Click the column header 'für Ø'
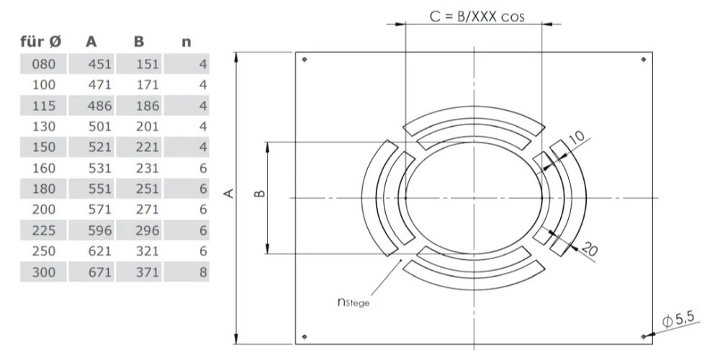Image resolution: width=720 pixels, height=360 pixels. click(45, 42)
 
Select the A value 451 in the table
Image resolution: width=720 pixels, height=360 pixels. click(99, 64)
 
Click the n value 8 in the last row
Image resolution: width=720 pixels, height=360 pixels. click(204, 273)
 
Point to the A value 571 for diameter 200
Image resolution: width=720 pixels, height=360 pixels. click(99, 210)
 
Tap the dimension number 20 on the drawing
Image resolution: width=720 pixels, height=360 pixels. click(589, 248)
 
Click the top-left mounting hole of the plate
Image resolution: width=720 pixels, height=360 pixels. click(305, 59)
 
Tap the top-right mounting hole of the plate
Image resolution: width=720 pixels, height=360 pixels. click(643, 59)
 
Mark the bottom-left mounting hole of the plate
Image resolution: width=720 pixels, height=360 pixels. click(305, 336)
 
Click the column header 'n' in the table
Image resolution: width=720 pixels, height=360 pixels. click(186, 42)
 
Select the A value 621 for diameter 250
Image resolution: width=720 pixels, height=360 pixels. click(99, 252)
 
